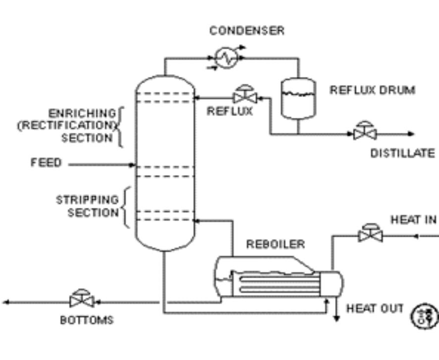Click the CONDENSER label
pyautogui.click(x=247, y=31)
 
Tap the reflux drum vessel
pyautogui.click(x=298, y=98)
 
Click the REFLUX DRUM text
pyautogui.click(x=372, y=90)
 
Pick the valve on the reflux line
pyautogui.click(x=244, y=97)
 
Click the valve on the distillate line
pyautogui.click(x=365, y=132)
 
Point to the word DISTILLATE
pyautogui.click(x=402, y=154)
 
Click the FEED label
pyautogui.click(x=46, y=163)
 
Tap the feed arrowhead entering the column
pyautogui.click(x=132, y=165)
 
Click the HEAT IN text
pyautogui.click(x=413, y=220)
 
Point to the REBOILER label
pyautogui.click(x=275, y=244)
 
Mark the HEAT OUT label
pyautogui.click(x=375, y=308)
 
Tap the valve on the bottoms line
pyautogui.click(x=82, y=300)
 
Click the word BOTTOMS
pyautogui.click(x=87, y=320)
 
